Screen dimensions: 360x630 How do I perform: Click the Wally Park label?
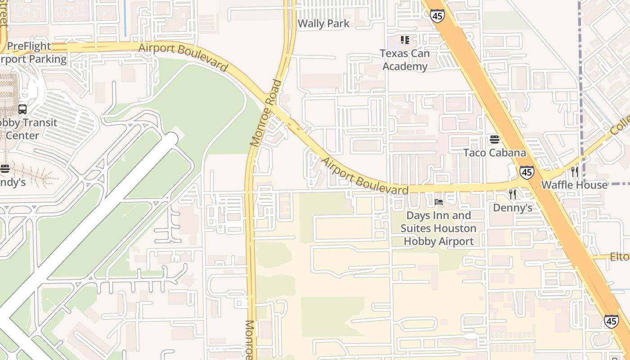click(324, 23)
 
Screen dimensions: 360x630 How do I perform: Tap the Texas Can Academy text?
click(405, 60)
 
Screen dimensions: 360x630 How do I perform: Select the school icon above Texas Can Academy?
click(405, 40)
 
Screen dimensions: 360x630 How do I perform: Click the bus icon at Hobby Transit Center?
click(22, 109)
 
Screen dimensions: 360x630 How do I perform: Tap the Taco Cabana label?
click(495, 153)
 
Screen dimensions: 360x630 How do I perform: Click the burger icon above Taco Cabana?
click(495, 139)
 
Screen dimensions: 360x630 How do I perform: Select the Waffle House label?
click(574, 185)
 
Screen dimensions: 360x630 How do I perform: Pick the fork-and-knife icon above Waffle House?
click(574, 171)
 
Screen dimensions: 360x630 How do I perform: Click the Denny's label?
click(513, 207)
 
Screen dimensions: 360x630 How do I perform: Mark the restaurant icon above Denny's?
click(513, 194)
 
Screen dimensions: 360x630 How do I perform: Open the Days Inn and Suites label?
click(439, 228)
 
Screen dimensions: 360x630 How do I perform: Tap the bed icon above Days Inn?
click(439, 202)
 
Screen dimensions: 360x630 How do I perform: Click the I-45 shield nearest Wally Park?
click(437, 16)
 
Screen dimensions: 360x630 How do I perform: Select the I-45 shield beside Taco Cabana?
click(526, 171)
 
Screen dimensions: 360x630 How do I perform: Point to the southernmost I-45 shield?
click(611, 321)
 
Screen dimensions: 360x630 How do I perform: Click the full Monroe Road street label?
click(266, 113)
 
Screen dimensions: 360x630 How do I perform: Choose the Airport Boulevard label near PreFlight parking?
click(183, 57)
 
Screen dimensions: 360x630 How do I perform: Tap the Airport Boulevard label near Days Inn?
click(364, 176)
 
